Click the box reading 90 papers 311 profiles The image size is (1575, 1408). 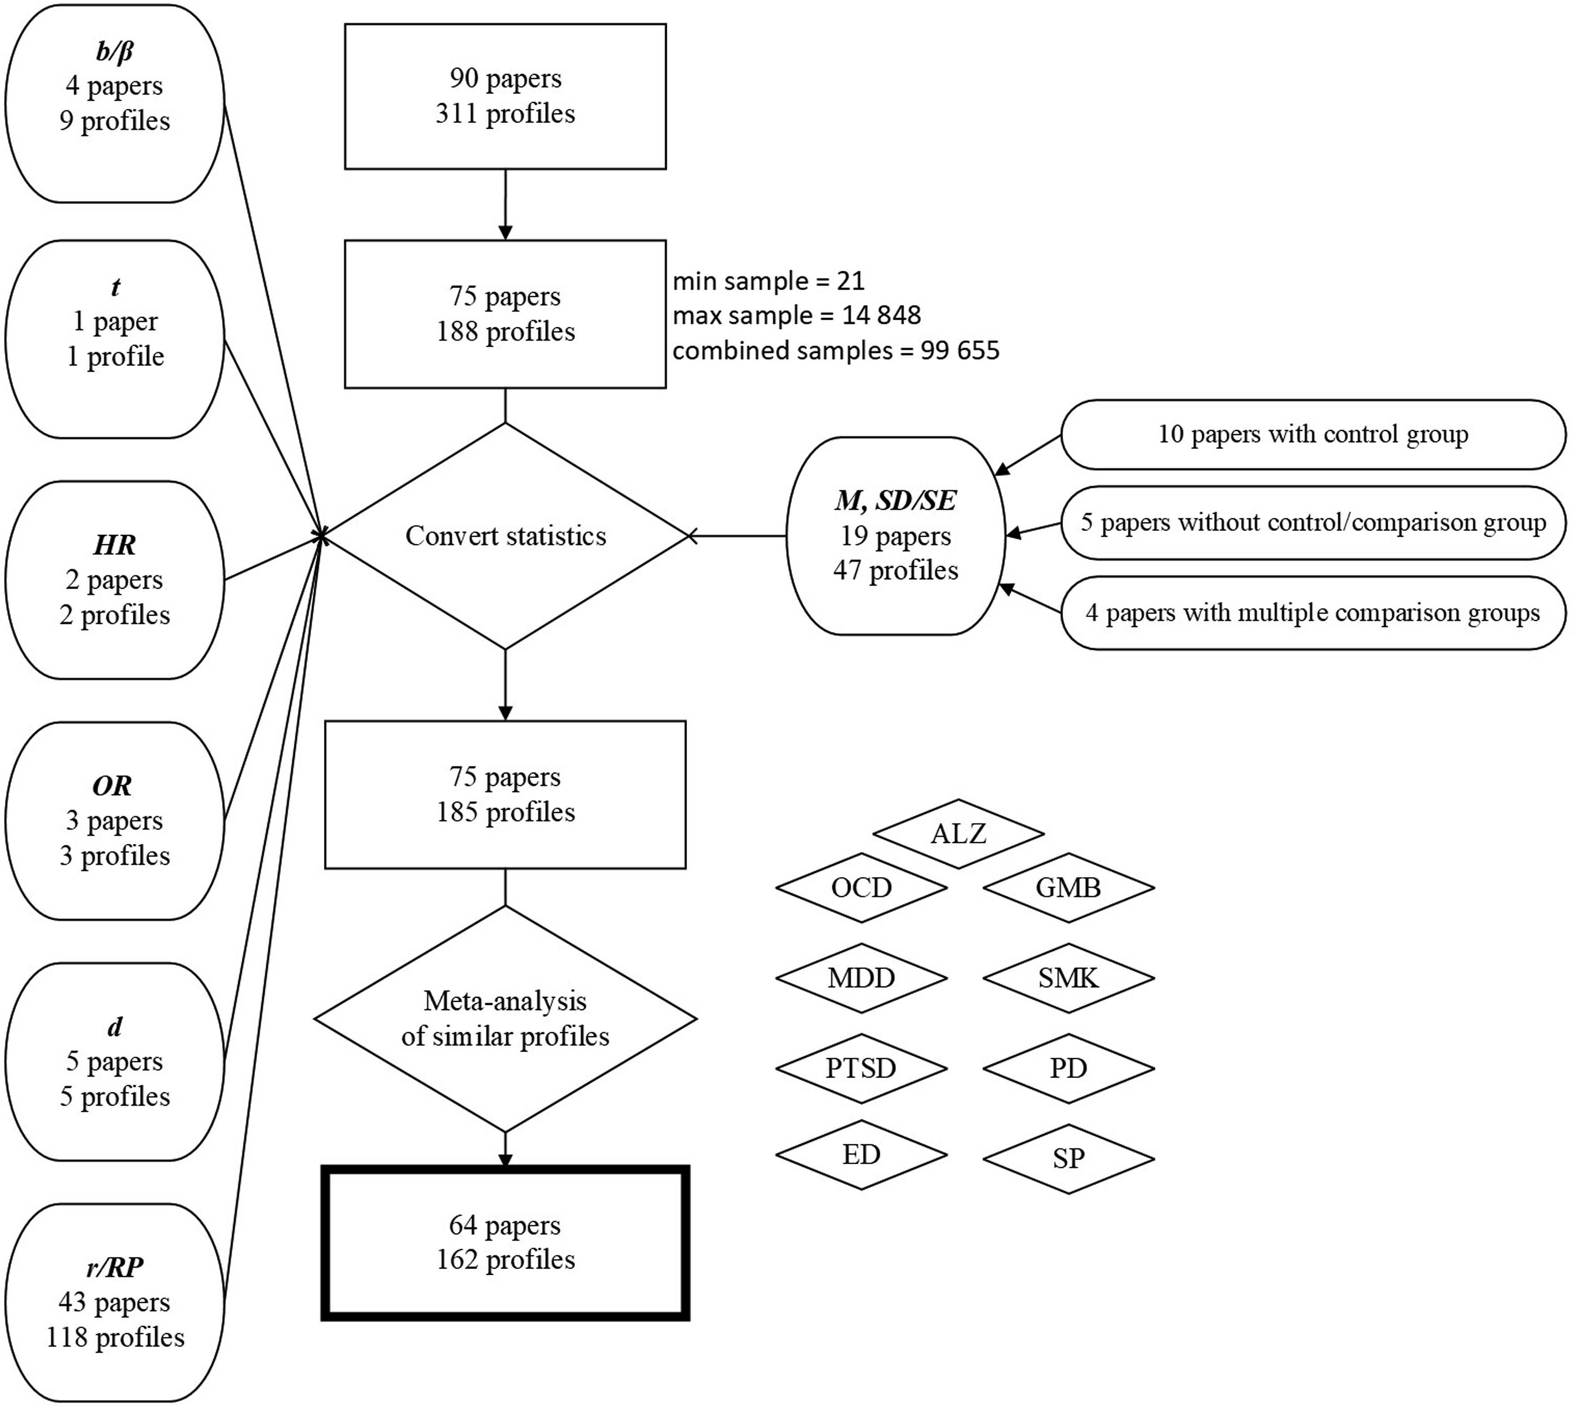point(505,96)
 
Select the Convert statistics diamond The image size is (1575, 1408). point(505,535)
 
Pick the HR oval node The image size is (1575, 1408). point(114,579)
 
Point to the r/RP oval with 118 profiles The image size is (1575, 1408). point(114,1302)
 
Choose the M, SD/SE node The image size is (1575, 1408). point(896,535)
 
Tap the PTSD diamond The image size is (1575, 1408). point(862,1069)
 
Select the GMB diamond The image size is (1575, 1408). point(1069,887)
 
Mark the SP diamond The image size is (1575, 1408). point(1069,1158)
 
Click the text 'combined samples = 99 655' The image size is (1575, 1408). point(836,351)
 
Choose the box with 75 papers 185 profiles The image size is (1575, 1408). point(505,795)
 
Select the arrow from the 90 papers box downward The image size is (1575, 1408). point(505,204)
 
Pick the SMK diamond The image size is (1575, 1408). point(1069,978)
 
